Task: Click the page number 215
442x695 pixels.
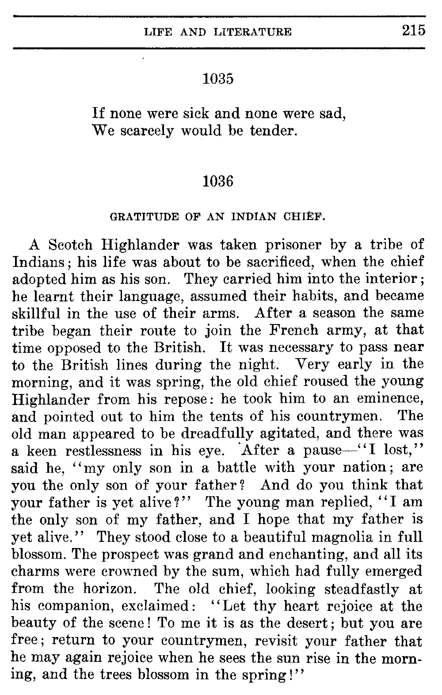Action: pyautogui.click(x=413, y=31)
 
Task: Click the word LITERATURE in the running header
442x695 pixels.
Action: pyautogui.click(x=256, y=32)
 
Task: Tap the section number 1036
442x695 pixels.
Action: pyautogui.click(x=217, y=181)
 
